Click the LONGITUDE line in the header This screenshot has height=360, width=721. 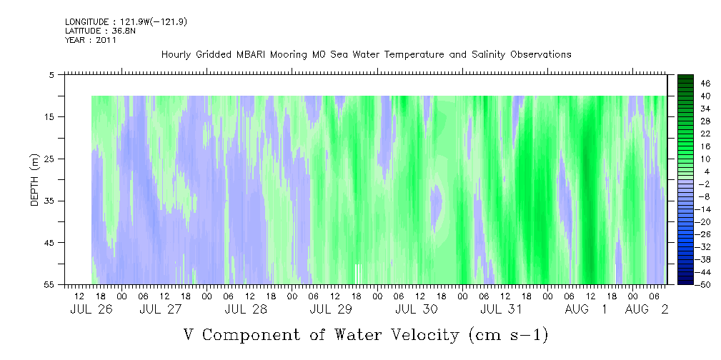coord(126,22)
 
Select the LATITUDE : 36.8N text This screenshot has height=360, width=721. coord(99,31)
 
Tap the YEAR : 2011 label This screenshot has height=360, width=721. coord(91,40)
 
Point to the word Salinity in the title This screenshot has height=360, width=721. coord(488,55)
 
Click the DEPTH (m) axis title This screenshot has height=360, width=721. coord(35,180)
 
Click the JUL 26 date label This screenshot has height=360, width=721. coord(91,309)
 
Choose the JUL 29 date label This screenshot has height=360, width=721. coord(331,309)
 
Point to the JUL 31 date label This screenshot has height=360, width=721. coord(501,309)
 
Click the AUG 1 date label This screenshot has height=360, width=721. coord(586,309)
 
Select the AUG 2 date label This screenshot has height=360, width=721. coord(647,309)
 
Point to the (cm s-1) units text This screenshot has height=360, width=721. coord(507,335)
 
